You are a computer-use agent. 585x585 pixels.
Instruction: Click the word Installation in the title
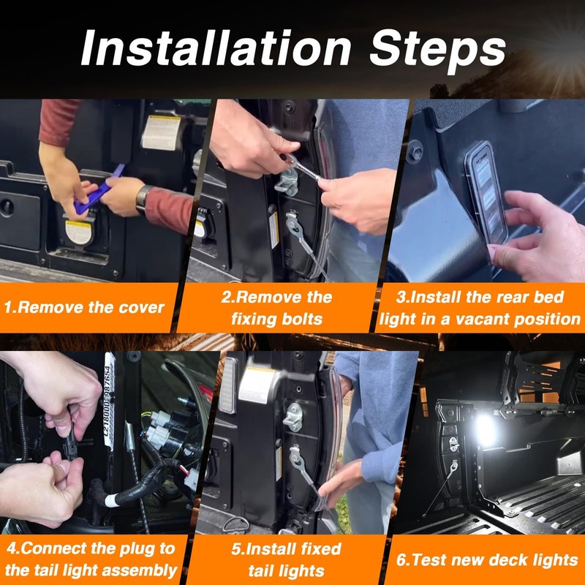tap(216, 48)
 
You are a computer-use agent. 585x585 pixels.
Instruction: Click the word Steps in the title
tap(437, 50)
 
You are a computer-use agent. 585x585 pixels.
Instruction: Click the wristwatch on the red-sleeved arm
tap(143, 200)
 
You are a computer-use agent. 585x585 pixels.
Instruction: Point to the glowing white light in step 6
tap(485, 429)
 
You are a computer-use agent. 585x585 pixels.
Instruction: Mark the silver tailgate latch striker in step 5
tap(293, 417)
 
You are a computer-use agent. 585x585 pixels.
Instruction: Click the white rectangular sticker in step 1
tap(161, 132)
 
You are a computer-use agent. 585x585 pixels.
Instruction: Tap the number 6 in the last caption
tap(401, 560)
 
